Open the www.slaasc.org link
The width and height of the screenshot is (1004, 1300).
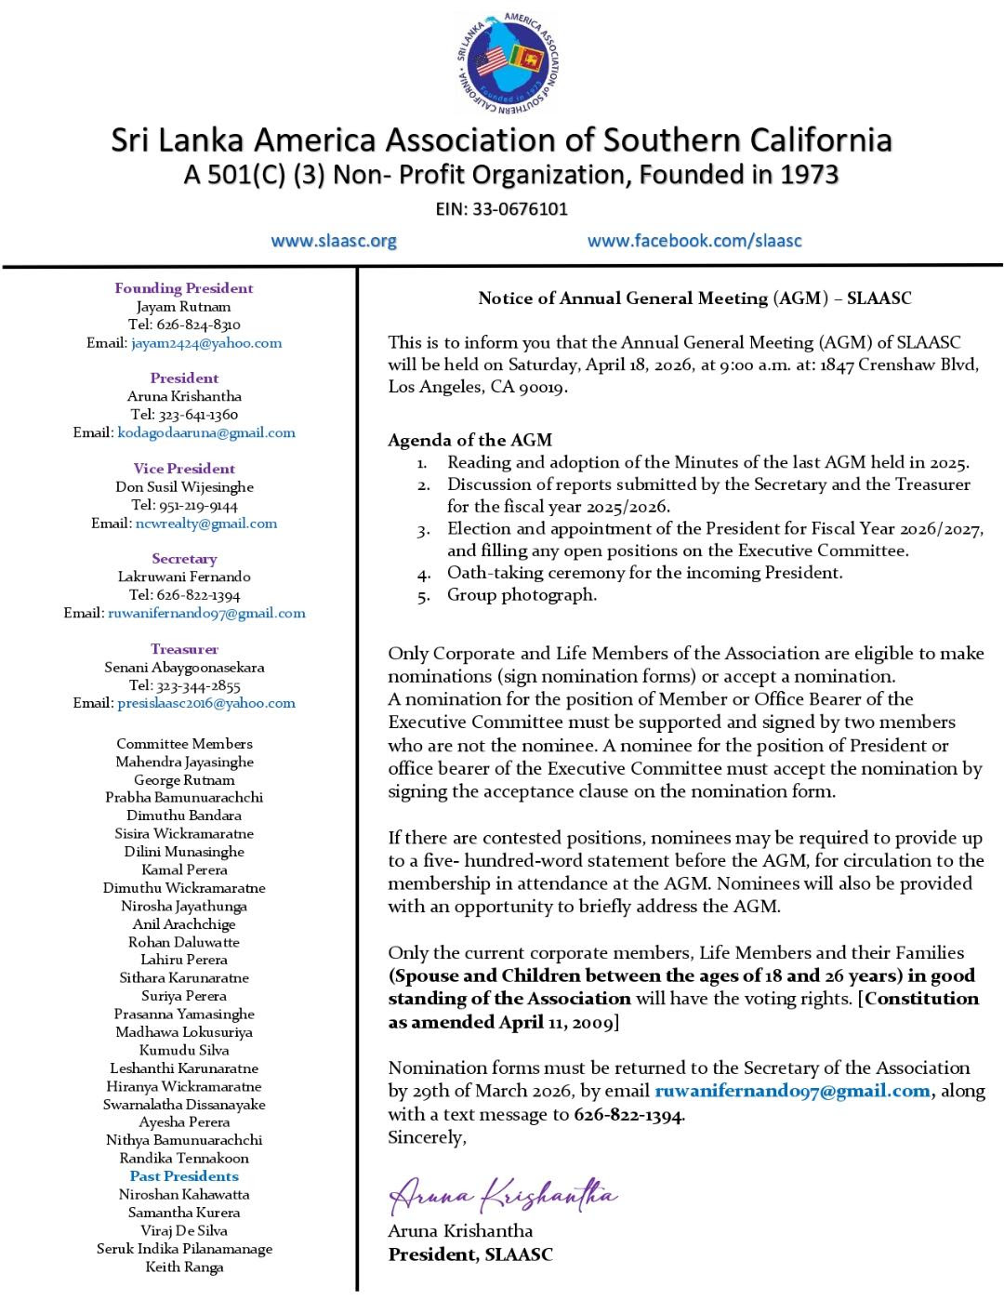(x=334, y=241)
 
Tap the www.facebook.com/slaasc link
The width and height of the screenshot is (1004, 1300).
(x=694, y=241)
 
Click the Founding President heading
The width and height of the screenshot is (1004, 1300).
(x=184, y=288)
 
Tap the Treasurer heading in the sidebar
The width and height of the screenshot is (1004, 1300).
(x=184, y=649)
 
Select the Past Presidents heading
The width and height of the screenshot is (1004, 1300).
(x=184, y=1176)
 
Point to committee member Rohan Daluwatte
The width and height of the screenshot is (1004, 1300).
(x=184, y=942)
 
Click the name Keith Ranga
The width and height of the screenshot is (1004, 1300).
(x=184, y=1267)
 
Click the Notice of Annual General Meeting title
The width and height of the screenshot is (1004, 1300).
(x=694, y=298)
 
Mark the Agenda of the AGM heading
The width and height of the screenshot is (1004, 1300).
(x=469, y=440)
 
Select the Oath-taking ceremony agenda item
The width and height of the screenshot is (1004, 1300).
(x=644, y=573)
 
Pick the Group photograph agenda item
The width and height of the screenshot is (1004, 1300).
(x=522, y=595)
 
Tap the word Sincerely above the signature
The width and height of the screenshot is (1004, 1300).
(x=427, y=1137)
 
